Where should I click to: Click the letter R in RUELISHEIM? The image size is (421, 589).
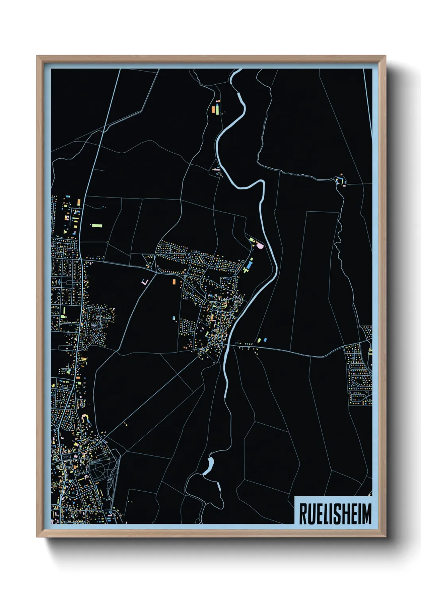coord(303,514)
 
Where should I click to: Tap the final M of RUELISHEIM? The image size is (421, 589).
coord(366,514)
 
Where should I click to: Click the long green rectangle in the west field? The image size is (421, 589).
coord(97,226)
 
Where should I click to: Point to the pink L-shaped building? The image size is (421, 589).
coord(144,282)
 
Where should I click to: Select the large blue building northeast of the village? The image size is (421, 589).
coord(249,264)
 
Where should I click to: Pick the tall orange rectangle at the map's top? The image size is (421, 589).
coord(213,109)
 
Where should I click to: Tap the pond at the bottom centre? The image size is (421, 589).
coord(209,465)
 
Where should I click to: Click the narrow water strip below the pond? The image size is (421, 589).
coord(218,486)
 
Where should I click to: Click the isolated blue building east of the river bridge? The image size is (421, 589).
coord(265,340)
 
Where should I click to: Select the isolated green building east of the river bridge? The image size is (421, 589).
coord(259,340)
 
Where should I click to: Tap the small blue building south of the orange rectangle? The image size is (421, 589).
coord(173,318)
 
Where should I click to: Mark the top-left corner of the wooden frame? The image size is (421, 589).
coord(37,57)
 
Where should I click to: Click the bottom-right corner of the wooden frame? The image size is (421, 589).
coord(385,536)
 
